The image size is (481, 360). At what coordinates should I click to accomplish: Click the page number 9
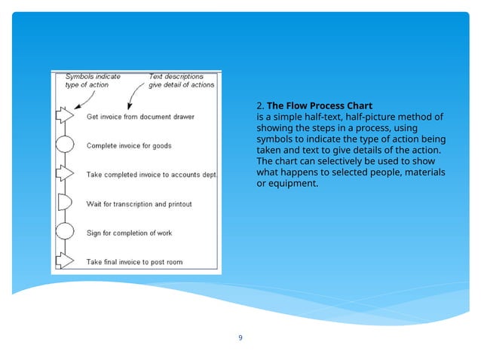[240, 337]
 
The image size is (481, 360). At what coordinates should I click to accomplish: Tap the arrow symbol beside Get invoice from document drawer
[65, 116]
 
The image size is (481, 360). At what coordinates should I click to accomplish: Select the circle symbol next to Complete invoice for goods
[65, 145]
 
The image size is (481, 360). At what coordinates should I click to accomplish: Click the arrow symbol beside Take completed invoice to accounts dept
[65, 173]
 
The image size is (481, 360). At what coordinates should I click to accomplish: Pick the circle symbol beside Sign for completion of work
[65, 232]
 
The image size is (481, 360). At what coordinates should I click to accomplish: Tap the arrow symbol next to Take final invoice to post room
[65, 261]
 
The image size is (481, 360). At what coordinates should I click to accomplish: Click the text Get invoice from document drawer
[140, 117]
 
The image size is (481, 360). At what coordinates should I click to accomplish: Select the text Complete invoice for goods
[130, 145]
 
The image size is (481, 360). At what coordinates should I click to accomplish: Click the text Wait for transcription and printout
[139, 204]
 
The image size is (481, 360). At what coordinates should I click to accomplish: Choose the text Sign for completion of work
[129, 233]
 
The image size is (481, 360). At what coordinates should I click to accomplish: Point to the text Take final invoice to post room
[134, 262]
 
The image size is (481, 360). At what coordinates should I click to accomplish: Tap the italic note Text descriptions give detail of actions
[181, 81]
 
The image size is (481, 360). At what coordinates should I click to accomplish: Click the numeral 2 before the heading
[259, 105]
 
